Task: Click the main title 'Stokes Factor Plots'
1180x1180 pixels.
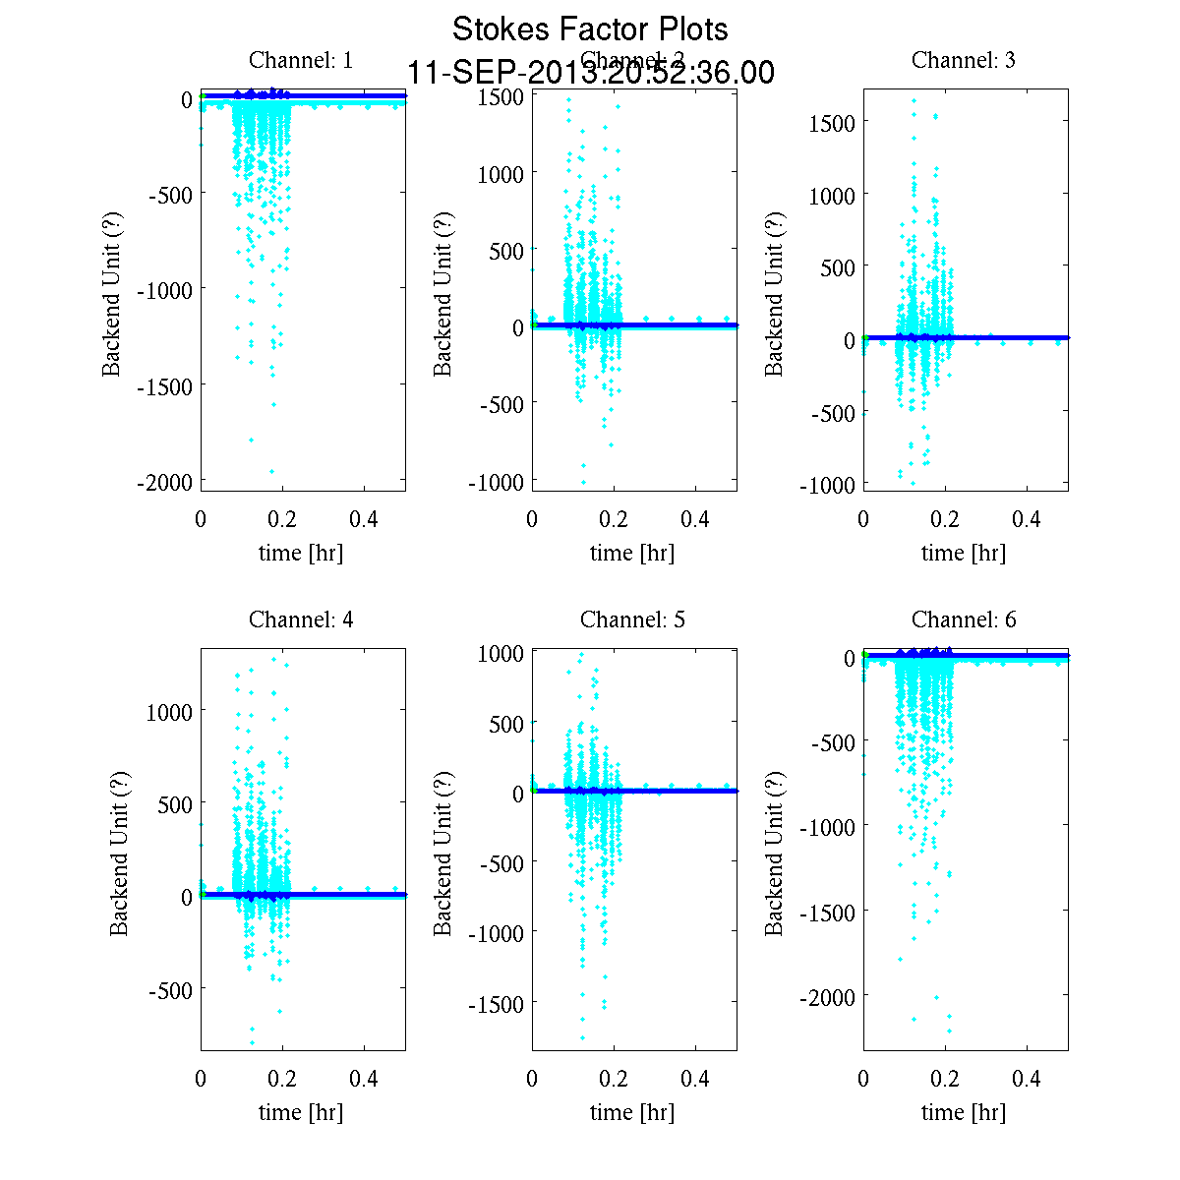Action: (x=590, y=29)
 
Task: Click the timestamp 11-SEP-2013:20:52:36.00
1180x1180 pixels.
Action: (x=590, y=74)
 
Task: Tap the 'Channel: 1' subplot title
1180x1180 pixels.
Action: (x=301, y=60)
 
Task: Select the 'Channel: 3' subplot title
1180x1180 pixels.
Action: (x=964, y=60)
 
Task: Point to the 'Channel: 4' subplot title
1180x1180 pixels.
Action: (x=301, y=619)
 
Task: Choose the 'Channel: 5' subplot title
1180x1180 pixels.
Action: (x=632, y=619)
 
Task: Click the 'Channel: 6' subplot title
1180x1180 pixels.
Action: (x=964, y=619)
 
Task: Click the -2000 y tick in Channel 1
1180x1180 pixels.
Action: (x=168, y=481)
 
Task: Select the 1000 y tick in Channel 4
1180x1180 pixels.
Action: (x=169, y=711)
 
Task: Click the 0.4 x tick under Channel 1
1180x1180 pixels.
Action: (x=364, y=520)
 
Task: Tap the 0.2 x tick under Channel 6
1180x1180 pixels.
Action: (x=945, y=1079)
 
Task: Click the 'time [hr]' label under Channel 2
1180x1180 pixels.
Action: (x=632, y=553)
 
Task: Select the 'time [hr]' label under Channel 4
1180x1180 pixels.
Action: (x=301, y=1112)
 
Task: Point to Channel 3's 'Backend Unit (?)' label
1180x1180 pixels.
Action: (x=775, y=293)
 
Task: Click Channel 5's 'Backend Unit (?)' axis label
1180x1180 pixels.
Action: (x=443, y=853)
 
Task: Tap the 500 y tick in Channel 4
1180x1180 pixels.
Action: (x=176, y=804)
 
